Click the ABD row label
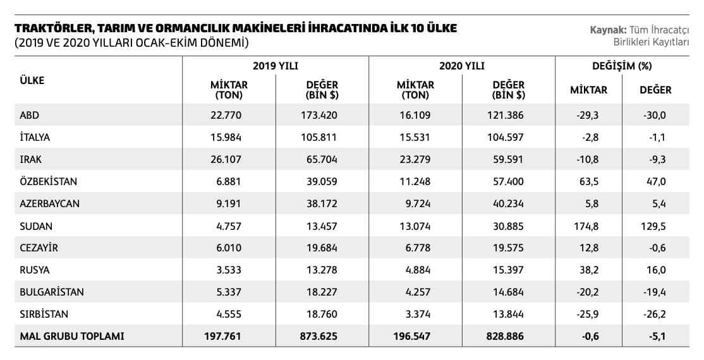pos(30,116)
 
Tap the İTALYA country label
pos(35,137)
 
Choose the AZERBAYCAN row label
pos(50,204)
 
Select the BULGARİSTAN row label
pos(52,292)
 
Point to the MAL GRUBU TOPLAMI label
pos(72,337)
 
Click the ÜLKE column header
pos(32,81)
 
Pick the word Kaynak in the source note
pos(607,30)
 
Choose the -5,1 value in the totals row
pos(655,337)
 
